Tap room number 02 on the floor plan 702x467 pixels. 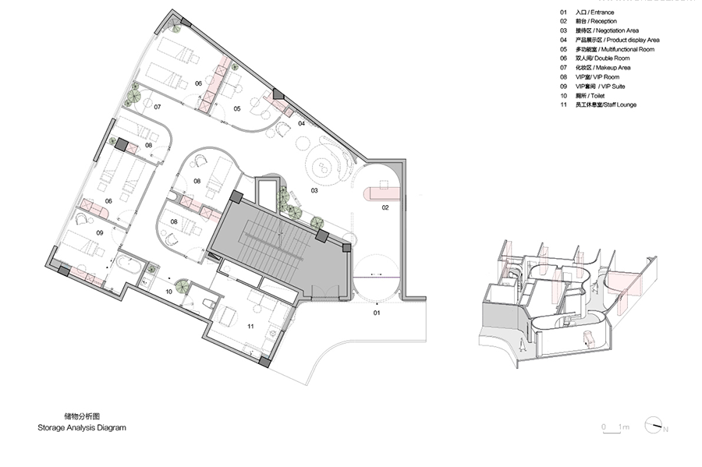pos(385,208)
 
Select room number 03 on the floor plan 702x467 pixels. pos(314,190)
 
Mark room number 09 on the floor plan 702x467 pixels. pos(100,232)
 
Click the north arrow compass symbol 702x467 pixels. pos(654,426)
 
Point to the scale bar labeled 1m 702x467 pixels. pos(615,427)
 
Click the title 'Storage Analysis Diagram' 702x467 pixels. pos(81,428)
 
